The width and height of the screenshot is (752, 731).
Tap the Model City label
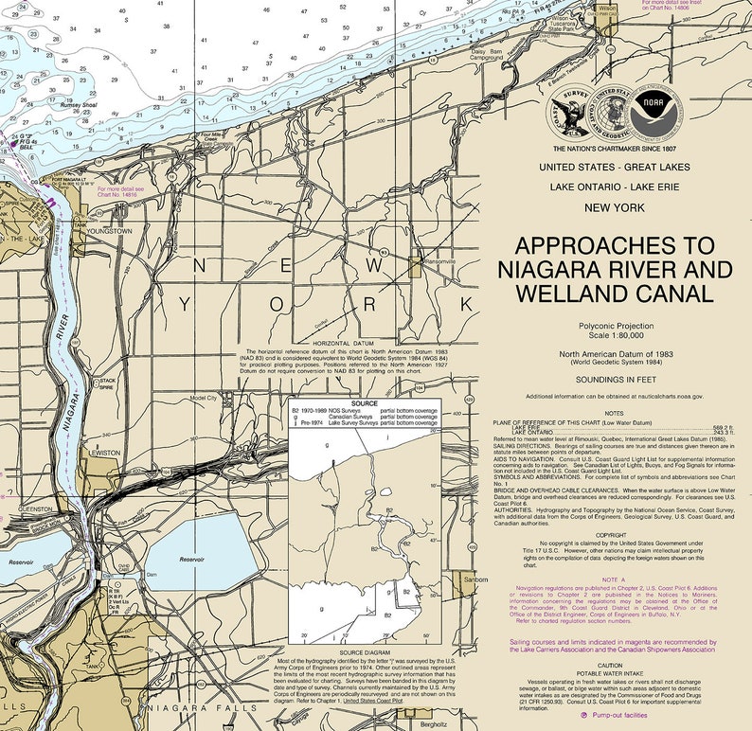[204, 399]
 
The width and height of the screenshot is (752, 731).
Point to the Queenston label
[35, 508]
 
